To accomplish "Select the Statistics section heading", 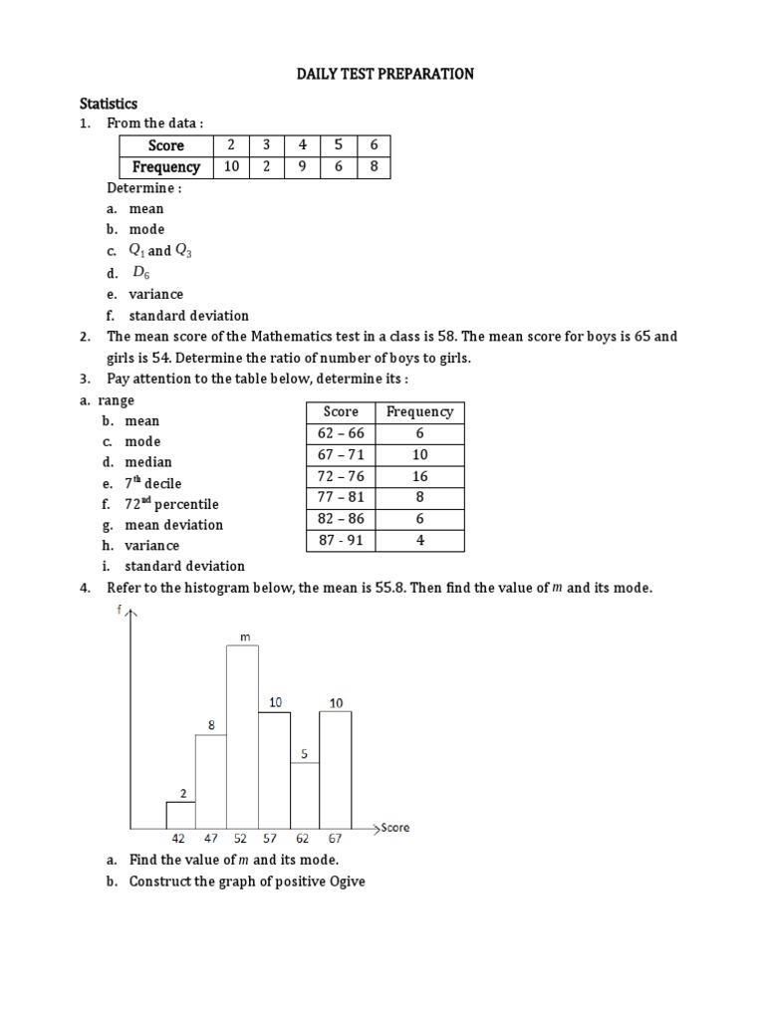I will click(109, 104).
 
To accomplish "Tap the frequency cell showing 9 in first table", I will click(303, 167).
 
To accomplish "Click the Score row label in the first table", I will click(165, 145).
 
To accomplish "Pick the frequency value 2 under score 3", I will click(267, 167).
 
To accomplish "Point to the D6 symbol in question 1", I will click(140, 273).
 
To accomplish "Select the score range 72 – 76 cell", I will click(341, 476).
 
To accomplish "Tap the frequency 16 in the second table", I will click(419, 476).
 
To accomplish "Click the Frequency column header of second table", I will click(419, 411).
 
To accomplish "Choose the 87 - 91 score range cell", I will click(341, 541).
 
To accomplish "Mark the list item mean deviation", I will click(174, 525).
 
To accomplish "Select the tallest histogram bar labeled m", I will click(242, 737).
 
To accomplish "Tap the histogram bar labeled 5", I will click(306, 795).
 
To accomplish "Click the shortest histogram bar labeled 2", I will click(180, 814).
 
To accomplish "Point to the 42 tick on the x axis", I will click(178, 840).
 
